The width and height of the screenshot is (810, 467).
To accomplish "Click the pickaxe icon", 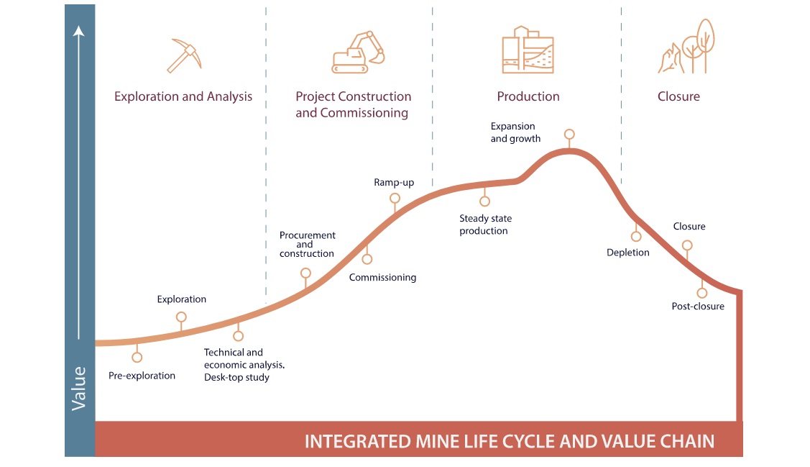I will (x=184, y=55).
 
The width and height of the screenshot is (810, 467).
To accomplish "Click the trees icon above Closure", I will (x=686, y=47).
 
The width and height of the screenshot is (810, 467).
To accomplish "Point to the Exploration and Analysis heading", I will (x=183, y=96).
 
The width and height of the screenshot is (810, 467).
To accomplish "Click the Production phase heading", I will (x=528, y=96).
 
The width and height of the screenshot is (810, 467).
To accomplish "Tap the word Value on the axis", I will (x=79, y=389).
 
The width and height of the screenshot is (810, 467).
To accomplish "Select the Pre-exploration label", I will (x=142, y=376).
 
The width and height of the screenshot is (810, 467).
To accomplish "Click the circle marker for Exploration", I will (x=181, y=317).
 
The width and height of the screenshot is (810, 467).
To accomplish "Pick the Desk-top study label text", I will (x=236, y=377).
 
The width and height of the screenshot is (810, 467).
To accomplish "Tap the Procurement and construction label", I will (x=307, y=245).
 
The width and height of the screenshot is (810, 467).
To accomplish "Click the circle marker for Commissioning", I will (x=367, y=259).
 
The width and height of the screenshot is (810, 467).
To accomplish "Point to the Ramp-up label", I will (x=394, y=183).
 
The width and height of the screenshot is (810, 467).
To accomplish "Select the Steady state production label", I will (x=485, y=225).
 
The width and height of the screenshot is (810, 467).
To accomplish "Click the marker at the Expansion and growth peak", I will (x=569, y=135).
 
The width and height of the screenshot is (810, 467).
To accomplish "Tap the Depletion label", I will (x=627, y=253).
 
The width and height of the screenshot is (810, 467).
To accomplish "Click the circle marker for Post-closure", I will (x=702, y=293).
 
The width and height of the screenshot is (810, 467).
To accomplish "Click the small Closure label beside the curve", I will (x=689, y=227).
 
